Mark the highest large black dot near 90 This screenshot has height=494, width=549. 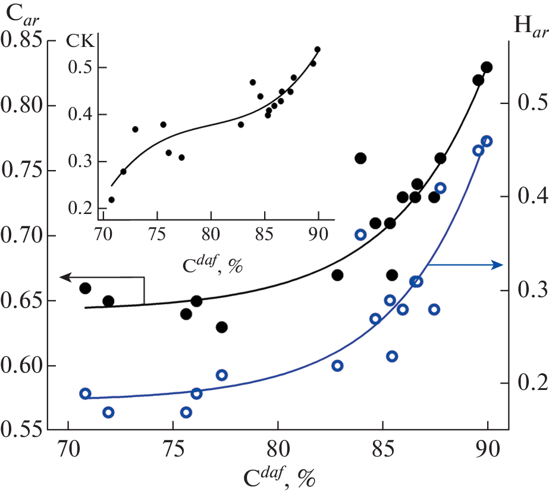(487, 68)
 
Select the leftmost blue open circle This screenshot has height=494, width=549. (85, 394)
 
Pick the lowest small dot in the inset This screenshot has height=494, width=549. (111, 200)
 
